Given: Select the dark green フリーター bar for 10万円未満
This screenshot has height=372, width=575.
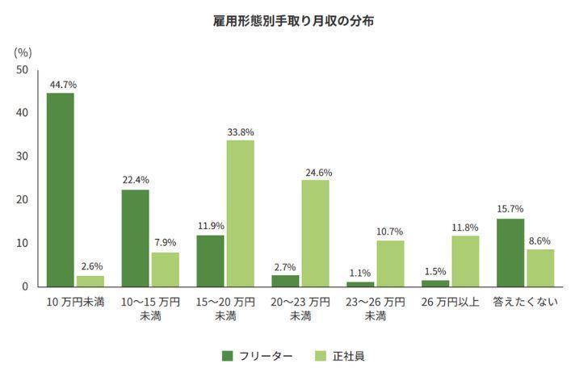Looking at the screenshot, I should pyautogui.click(x=61, y=190).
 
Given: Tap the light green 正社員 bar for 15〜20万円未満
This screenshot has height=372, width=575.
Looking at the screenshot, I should pyautogui.click(x=240, y=213).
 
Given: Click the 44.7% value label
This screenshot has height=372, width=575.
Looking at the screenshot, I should pyautogui.click(x=61, y=84).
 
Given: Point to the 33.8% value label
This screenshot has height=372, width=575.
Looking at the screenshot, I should pyautogui.click(x=240, y=132).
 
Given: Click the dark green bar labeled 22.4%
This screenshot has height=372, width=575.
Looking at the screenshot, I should pyautogui.click(x=135, y=237).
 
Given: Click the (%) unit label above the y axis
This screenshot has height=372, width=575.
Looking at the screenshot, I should pyautogui.click(x=23, y=52).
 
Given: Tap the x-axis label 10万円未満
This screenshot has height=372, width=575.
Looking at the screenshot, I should pyautogui.click(x=75, y=303).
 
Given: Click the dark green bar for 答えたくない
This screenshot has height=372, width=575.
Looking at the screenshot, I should pyautogui.click(x=510, y=253).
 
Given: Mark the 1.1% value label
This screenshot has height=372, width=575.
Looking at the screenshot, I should pyautogui.click(x=360, y=273).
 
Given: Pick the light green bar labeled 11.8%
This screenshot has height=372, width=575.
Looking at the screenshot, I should pyautogui.click(x=465, y=261).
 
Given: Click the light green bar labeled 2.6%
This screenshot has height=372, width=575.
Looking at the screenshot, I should pyautogui.click(x=90, y=281).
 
